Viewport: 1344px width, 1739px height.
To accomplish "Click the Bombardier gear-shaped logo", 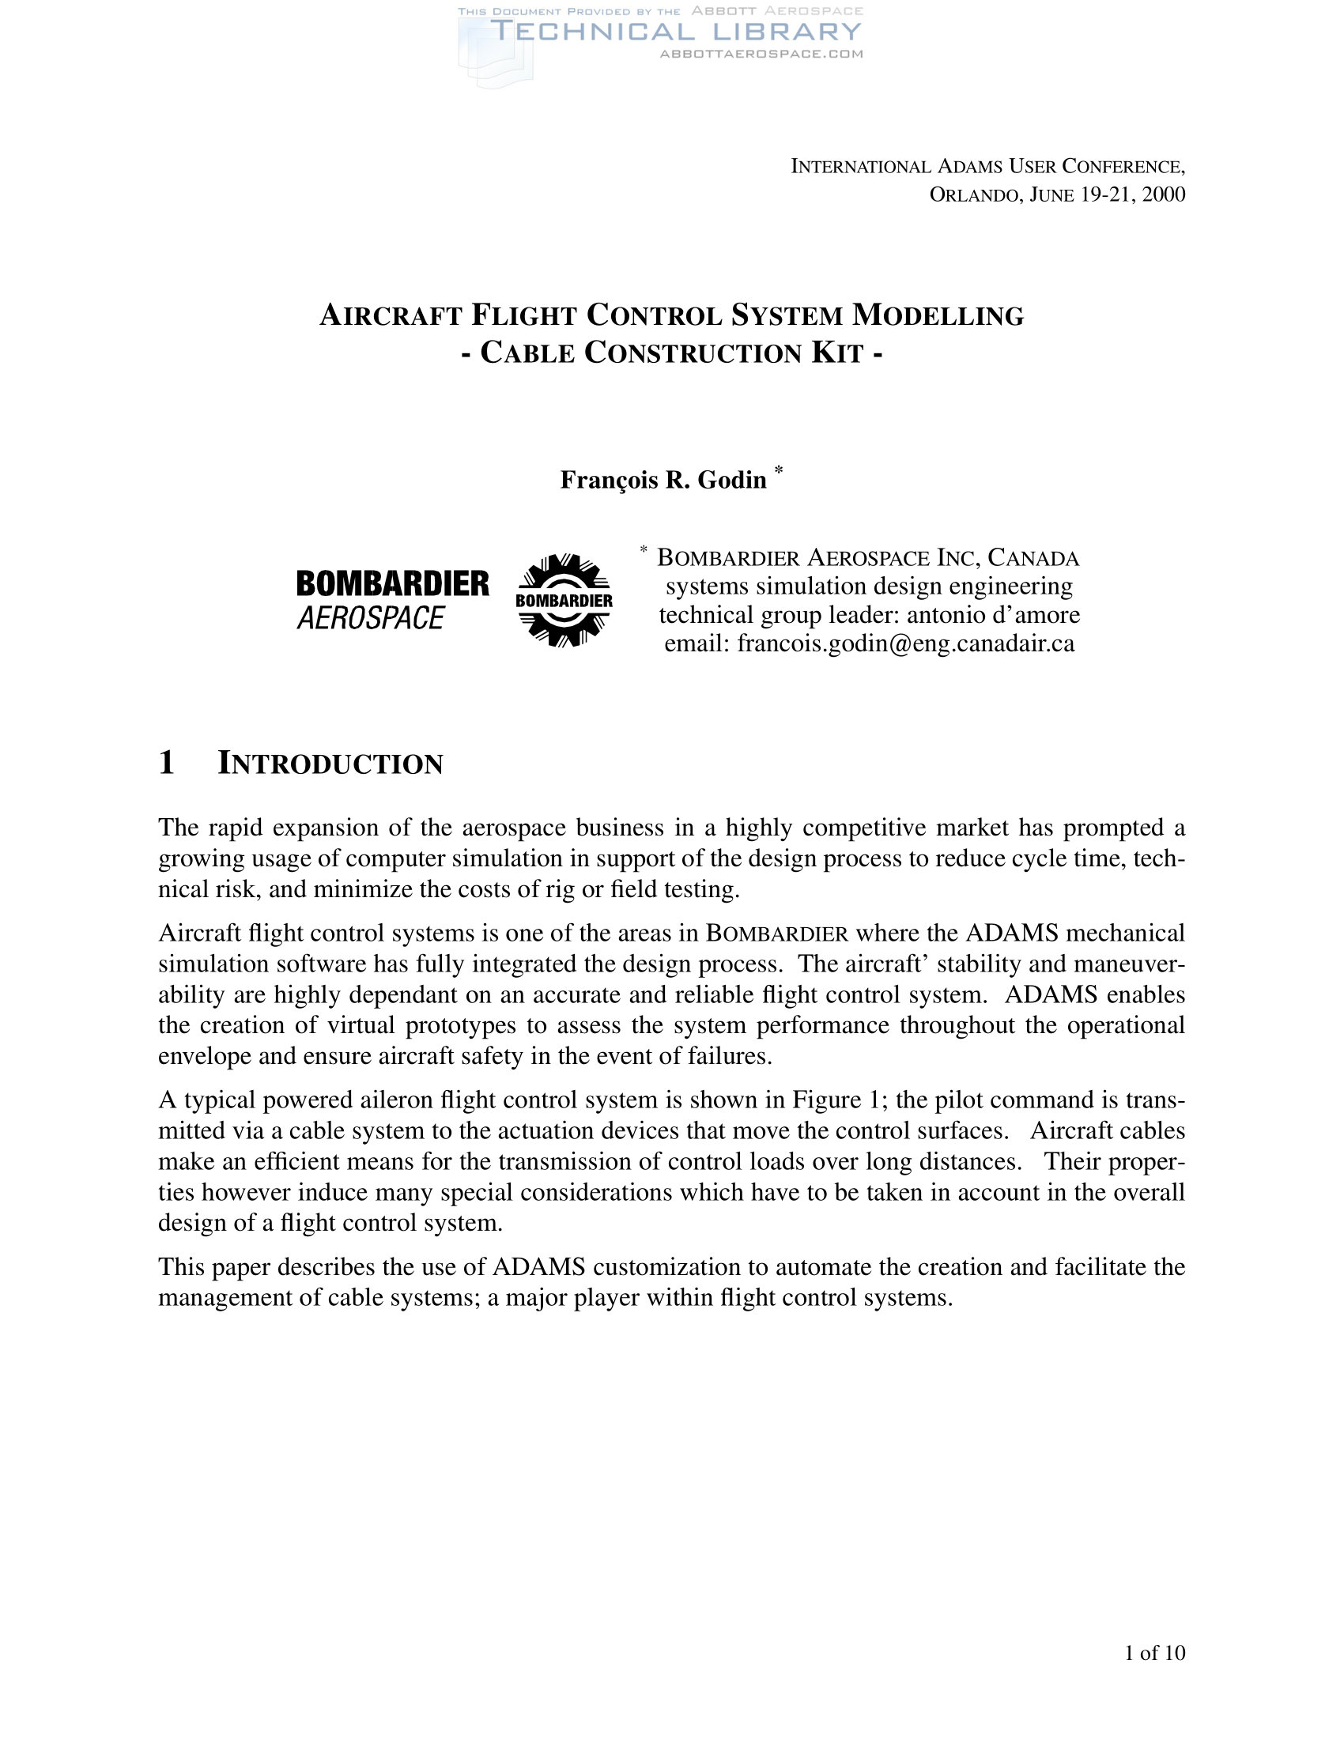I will point(564,600).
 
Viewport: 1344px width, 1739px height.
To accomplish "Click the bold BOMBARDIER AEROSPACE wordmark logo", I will point(393,600).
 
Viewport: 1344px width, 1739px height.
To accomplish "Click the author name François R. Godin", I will point(663,480).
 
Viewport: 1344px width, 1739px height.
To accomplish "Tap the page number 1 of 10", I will point(1153,1652).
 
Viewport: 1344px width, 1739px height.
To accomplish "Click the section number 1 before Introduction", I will point(166,762).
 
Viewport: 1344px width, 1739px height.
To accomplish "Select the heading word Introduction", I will point(330,764).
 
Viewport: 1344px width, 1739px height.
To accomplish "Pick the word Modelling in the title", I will point(938,315).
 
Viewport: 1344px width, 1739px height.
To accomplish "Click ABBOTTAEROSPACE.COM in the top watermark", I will point(761,54).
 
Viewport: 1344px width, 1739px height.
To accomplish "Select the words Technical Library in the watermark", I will point(675,32).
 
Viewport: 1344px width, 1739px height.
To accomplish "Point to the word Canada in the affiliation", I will point(1033,557).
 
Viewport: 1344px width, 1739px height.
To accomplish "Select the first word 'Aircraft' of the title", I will point(391,315).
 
